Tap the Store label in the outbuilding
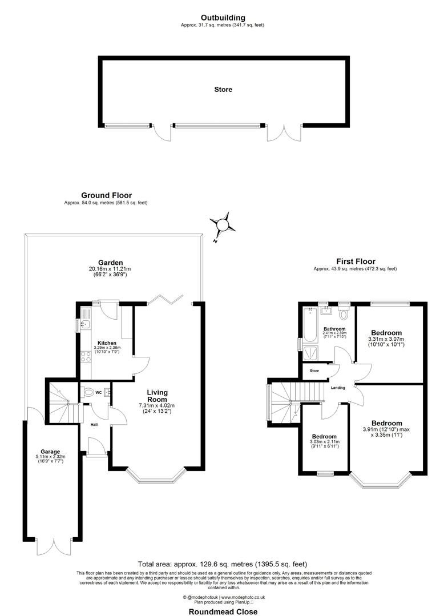pyautogui.click(x=223, y=90)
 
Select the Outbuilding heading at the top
pyautogui.click(x=223, y=18)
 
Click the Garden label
pyautogui.click(x=110, y=263)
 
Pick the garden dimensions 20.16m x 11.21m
pyautogui.click(x=110, y=269)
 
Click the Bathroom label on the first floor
pyautogui.click(x=334, y=329)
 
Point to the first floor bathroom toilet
pyautogui.click(x=344, y=314)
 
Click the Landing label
pyautogui.click(x=338, y=388)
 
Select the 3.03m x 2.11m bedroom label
pyautogui.click(x=325, y=441)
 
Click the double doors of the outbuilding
pyautogui.click(x=284, y=132)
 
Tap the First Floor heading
pyautogui.click(x=354, y=261)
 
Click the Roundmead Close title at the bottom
pyautogui.click(x=223, y=611)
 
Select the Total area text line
pyautogui.click(x=223, y=562)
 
